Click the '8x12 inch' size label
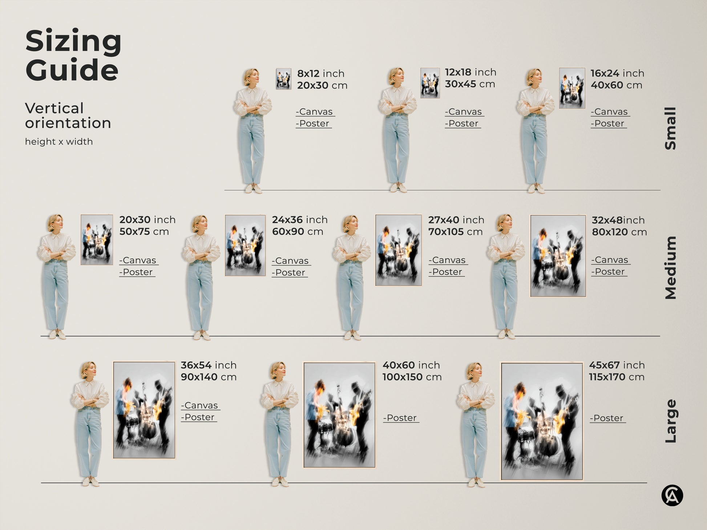320,73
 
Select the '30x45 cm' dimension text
470,84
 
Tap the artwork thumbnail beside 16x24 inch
572,88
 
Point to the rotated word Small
671,128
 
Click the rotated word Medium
671,268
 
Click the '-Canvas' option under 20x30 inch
138,260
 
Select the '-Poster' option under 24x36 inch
289,272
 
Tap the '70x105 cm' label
455,232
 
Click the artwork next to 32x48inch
558,256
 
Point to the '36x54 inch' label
209,365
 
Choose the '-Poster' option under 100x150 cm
400,418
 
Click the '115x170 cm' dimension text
617,377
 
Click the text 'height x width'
59,142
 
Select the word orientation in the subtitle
68,123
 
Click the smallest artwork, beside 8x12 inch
283,79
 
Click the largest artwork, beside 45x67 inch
542,421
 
